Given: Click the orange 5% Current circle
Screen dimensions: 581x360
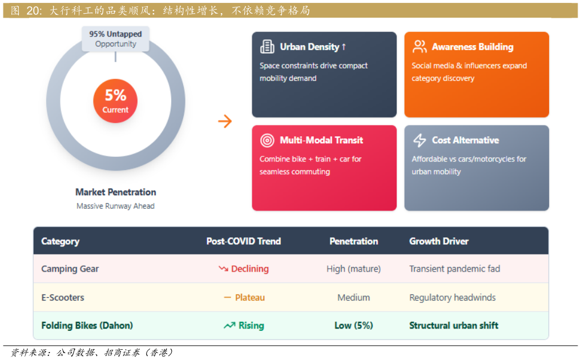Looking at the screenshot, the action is pyautogui.click(x=115, y=101).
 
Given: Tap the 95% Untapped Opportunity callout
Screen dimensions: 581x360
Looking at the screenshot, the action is pyautogui.click(x=116, y=39).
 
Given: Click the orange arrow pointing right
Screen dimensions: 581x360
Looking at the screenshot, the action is pyautogui.click(x=225, y=121).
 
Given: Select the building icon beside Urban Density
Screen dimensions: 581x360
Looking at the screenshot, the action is pyautogui.click(x=267, y=47).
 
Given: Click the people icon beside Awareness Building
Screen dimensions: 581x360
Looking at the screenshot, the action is pyautogui.click(x=419, y=47).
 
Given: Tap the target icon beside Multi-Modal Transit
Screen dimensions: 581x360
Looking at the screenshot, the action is pyautogui.click(x=267, y=140).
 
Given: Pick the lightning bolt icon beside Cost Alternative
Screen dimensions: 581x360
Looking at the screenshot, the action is pyautogui.click(x=419, y=140).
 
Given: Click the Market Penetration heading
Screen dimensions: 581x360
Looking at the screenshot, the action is pyautogui.click(x=116, y=192).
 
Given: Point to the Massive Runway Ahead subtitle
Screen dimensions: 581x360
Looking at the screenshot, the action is pyautogui.click(x=116, y=206).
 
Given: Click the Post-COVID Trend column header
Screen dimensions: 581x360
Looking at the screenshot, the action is pyautogui.click(x=244, y=241).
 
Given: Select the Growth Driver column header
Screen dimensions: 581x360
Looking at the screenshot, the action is pyautogui.click(x=439, y=241).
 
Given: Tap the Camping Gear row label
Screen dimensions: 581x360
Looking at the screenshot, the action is pyautogui.click(x=70, y=269).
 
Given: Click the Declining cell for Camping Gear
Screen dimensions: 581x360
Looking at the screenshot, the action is pyautogui.click(x=244, y=269).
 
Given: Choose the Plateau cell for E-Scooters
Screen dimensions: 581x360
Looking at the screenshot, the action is pyautogui.click(x=244, y=297).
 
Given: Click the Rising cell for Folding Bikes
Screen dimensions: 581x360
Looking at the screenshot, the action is pyautogui.click(x=244, y=326).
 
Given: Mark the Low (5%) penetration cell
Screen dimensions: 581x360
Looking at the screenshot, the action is pyautogui.click(x=353, y=326).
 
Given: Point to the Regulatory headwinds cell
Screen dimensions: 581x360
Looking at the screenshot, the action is pyautogui.click(x=453, y=297).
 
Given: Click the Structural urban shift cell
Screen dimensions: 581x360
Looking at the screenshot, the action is pyautogui.click(x=454, y=326).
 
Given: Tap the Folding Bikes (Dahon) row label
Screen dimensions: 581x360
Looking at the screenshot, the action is pyautogui.click(x=87, y=326).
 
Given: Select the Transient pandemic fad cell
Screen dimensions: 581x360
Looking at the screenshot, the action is pyautogui.click(x=455, y=269).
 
